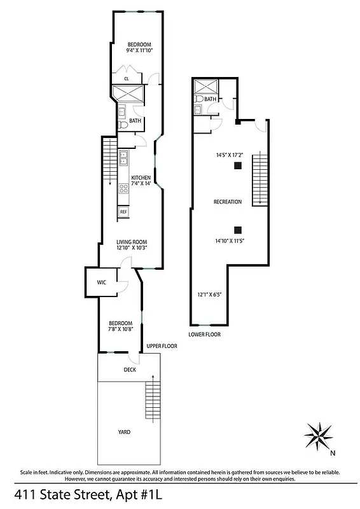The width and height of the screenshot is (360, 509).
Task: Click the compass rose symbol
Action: pos(319,436)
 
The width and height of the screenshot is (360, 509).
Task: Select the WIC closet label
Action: pos(100,282)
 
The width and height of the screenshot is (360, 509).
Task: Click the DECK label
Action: pos(130,370)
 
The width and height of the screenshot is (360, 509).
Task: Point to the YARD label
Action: pos(124,432)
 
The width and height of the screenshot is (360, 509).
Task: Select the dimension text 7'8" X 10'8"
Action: pos(120,330)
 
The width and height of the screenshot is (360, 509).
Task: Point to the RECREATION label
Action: pos(227,202)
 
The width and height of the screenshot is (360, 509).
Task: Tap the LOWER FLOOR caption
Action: pos(204,333)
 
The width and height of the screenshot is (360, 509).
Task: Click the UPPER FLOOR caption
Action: pos(162,346)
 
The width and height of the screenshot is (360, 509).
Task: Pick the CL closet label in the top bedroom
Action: pos(127,78)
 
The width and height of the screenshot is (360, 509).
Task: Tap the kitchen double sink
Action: pos(123,157)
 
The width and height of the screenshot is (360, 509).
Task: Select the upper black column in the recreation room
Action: pos(237,166)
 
